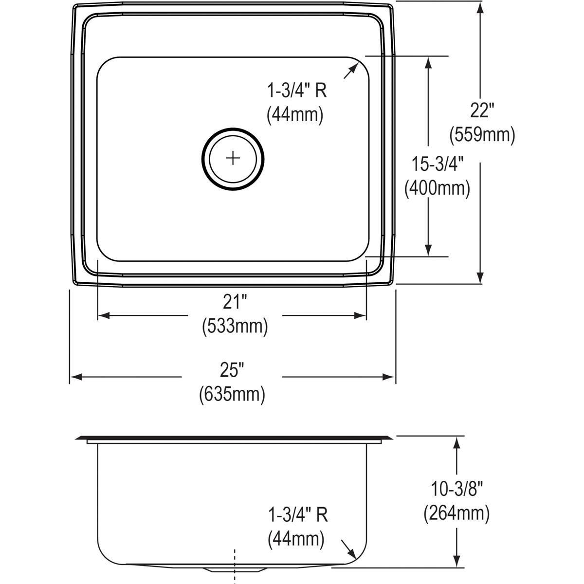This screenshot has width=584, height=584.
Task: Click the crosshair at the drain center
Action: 234,158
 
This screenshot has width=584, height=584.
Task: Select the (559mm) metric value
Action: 482,134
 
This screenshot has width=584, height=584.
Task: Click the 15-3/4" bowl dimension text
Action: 437,165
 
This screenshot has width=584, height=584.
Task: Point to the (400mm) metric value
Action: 437,188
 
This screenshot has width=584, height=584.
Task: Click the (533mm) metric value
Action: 235,326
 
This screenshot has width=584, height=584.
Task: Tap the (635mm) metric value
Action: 232,394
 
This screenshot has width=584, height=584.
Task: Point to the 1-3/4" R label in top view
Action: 296,91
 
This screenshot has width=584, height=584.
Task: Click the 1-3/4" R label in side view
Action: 297,515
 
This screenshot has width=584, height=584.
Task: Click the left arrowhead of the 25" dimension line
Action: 74,377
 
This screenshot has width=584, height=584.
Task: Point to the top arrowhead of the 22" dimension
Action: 480,7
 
